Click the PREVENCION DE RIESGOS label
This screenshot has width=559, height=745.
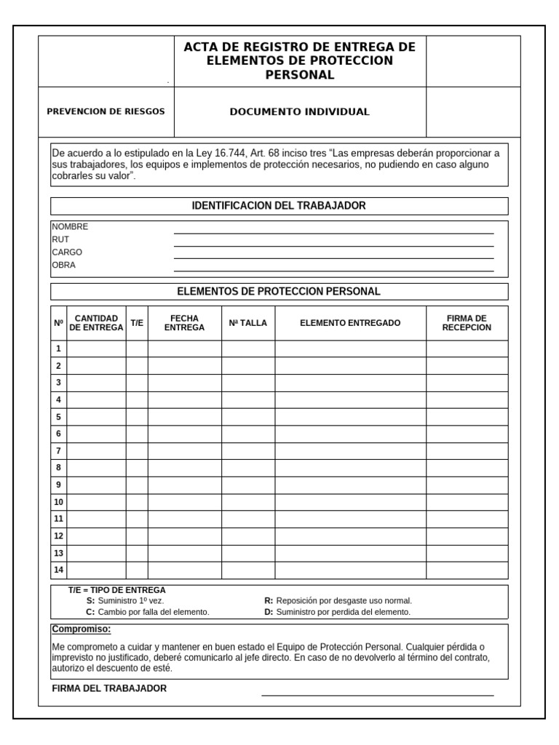(x=106, y=112)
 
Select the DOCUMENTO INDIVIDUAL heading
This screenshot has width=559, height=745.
(x=299, y=112)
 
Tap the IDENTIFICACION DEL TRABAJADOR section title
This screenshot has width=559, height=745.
(x=279, y=206)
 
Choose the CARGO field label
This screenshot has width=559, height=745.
(x=67, y=252)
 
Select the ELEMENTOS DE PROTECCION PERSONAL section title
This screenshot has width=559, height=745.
(x=279, y=292)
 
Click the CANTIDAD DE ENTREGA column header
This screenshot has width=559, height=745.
(x=96, y=323)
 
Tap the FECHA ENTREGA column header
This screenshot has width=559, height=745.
(x=184, y=323)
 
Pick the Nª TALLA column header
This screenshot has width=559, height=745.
(x=247, y=323)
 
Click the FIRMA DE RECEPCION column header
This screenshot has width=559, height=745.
(x=467, y=323)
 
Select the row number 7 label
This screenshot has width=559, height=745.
(x=58, y=451)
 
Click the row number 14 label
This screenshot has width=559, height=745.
(x=58, y=570)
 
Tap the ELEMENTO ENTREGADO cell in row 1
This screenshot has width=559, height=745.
(x=350, y=348)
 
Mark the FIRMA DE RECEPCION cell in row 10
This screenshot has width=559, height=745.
(x=467, y=502)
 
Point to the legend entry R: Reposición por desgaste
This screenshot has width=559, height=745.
(x=338, y=601)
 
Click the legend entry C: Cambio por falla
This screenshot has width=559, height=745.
(x=148, y=613)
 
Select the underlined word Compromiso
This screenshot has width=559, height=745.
(x=81, y=629)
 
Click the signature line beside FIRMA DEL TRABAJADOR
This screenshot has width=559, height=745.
(x=377, y=693)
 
